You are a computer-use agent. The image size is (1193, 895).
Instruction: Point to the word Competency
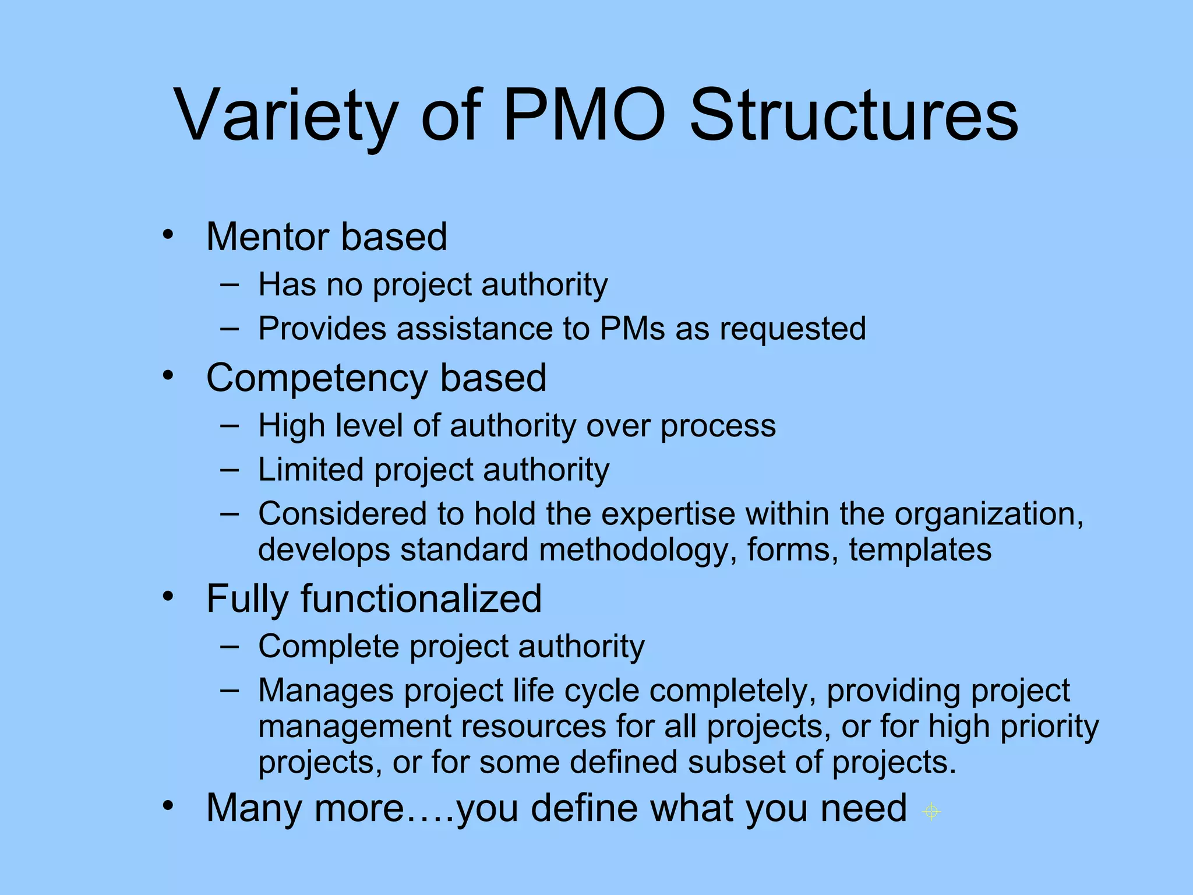[x=317, y=379]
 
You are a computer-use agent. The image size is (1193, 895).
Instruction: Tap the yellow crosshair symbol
[x=931, y=811]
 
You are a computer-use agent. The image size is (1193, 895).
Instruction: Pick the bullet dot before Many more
[x=168, y=806]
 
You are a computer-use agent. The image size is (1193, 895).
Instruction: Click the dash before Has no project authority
[x=230, y=284]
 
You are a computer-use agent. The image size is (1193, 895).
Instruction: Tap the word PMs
[x=632, y=329]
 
